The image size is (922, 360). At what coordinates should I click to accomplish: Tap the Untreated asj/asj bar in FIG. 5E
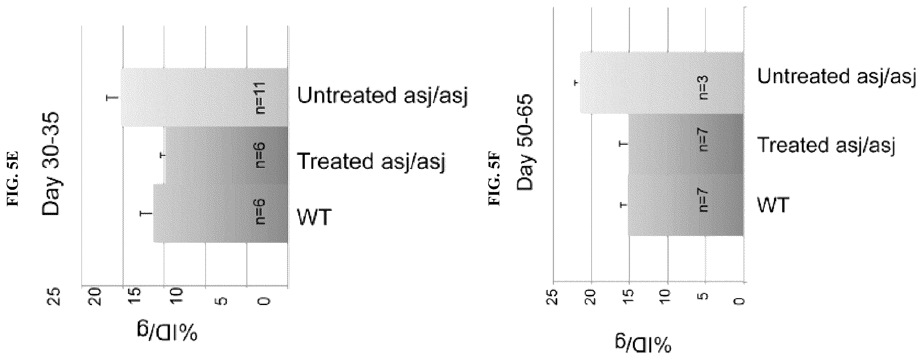point(204,97)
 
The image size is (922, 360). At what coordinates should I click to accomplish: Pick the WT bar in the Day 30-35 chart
point(220,213)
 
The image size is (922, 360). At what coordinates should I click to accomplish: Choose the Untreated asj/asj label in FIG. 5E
point(383,96)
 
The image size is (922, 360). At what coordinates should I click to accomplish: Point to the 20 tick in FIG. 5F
point(591,296)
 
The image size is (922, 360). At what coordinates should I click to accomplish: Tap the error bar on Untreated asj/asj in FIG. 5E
point(113,97)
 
